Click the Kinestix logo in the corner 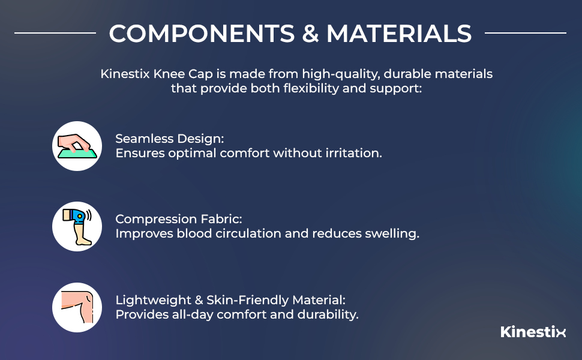pos(533,332)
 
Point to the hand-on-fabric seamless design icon pos(77,146)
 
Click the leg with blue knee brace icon pos(77,226)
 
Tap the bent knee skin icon pos(77,307)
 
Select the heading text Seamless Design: pos(169,139)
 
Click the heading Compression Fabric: pos(178,219)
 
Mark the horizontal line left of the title pos(55,32)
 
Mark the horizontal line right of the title pos(525,32)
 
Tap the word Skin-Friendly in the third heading pos(237,299)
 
